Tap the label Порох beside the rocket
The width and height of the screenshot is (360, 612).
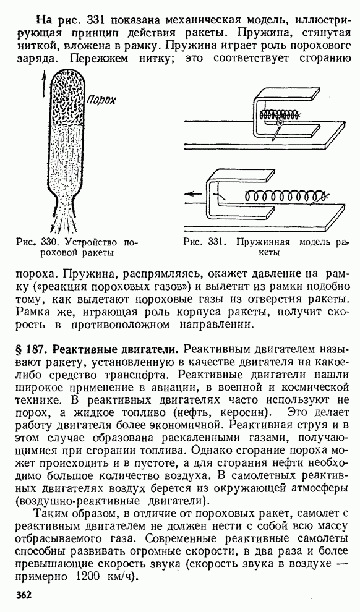[x=101, y=100]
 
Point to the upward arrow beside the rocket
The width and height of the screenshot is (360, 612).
[x=44, y=85]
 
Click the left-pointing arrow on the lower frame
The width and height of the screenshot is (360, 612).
[x=195, y=194]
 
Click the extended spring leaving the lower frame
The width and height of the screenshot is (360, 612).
[x=287, y=195]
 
